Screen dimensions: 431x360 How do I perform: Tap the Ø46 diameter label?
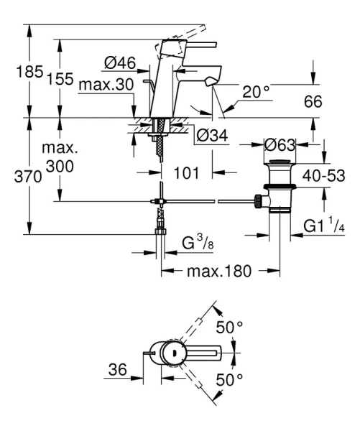(121, 64)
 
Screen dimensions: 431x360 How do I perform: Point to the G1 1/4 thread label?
(324, 228)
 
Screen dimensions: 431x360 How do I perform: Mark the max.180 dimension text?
(220, 273)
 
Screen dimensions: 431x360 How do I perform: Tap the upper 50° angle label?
(232, 327)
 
